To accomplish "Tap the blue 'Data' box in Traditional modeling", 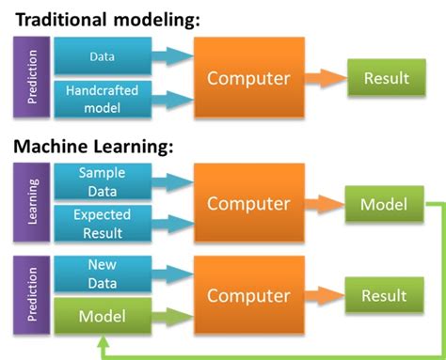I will (x=101, y=57).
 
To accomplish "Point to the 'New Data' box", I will (x=101, y=273).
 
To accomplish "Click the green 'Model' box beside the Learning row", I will (x=384, y=205).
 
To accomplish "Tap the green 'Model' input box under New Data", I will (x=101, y=317).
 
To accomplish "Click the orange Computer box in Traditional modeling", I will (x=249, y=78).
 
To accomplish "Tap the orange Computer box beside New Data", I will (x=249, y=295).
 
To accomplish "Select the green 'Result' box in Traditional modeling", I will (x=384, y=79).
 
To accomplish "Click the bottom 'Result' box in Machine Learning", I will (x=384, y=295).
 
